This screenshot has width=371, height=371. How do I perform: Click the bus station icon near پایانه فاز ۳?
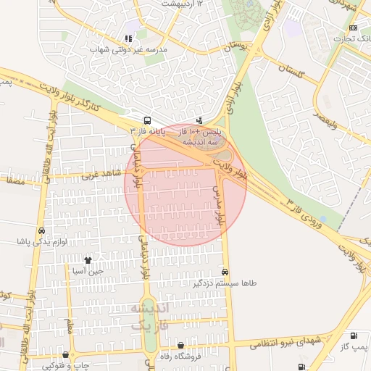[148, 121]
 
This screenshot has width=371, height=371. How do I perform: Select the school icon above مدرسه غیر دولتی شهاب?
[128, 38]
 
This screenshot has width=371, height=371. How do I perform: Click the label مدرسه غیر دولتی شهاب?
[128, 50]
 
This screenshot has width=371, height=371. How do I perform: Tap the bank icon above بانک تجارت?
[353, 28]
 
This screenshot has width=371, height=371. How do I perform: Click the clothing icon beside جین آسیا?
[88, 259]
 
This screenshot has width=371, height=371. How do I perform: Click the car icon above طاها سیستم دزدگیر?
[225, 272]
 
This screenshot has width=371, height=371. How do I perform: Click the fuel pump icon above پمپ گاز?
[353, 335]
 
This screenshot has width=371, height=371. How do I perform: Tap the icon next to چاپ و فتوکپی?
[67, 355]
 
